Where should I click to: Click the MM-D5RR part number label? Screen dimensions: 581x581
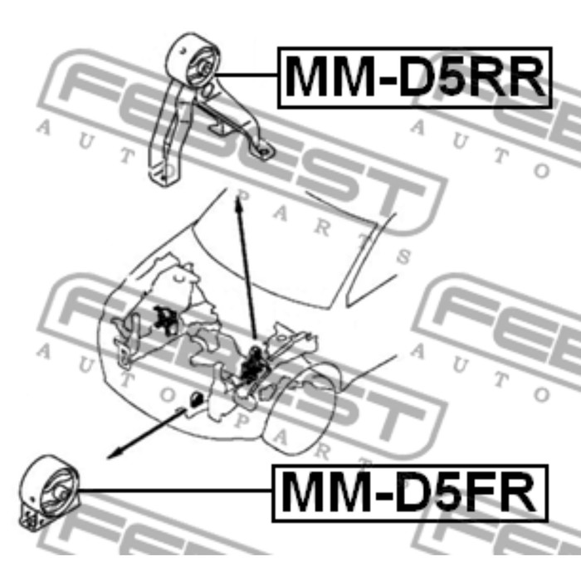(414, 76)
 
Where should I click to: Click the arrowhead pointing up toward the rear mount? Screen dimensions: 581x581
(239, 196)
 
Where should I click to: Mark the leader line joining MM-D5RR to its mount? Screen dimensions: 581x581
(249, 76)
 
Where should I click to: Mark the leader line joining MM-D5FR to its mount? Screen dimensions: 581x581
(174, 491)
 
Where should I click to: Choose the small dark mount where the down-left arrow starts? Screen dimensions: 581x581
(196, 399)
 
